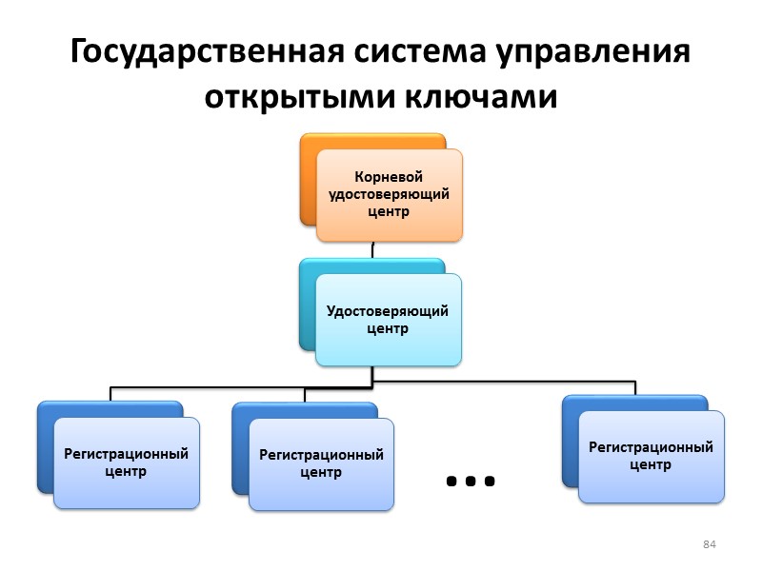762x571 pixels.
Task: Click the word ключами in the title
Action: (x=482, y=97)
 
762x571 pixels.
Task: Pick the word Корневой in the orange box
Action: (x=388, y=177)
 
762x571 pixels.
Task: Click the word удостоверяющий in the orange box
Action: (x=388, y=194)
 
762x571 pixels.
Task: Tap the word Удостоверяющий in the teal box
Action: (x=388, y=311)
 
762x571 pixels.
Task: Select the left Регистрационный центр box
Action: (x=126, y=463)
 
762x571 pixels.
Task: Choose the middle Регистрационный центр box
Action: (x=322, y=463)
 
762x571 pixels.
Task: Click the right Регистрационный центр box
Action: (x=652, y=456)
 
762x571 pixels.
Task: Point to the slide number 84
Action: (x=709, y=544)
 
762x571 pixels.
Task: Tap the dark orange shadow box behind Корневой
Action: (x=308, y=181)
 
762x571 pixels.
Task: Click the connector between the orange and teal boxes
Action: (x=372, y=249)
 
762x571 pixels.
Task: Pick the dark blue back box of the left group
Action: (x=45, y=447)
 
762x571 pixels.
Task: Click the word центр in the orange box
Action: (x=388, y=211)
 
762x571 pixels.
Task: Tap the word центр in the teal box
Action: (x=388, y=329)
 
